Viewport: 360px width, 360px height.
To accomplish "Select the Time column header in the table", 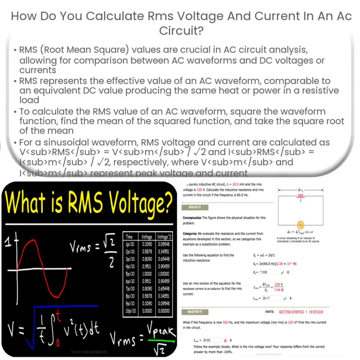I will point(129,237).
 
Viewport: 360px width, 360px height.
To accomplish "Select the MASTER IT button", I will point(196,311).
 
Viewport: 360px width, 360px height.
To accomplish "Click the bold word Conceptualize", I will point(195,217).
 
